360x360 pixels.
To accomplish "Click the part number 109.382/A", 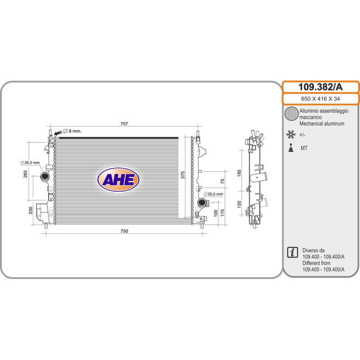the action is (x=320, y=87).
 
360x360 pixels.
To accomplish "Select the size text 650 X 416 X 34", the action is (x=320, y=99).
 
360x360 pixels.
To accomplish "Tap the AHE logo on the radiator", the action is (x=118, y=180).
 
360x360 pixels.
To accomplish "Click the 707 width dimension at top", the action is (x=124, y=124).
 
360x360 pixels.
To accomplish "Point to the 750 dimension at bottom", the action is (x=124, y=231).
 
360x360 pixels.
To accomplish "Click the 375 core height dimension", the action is (x=183, y=175).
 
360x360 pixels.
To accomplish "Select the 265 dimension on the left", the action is (x=25, y=174).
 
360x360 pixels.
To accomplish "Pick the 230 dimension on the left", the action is (x=31, y=210).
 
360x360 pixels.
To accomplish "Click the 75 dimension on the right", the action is (x=222, y=181).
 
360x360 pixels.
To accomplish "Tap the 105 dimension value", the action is (x=216, y=213).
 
